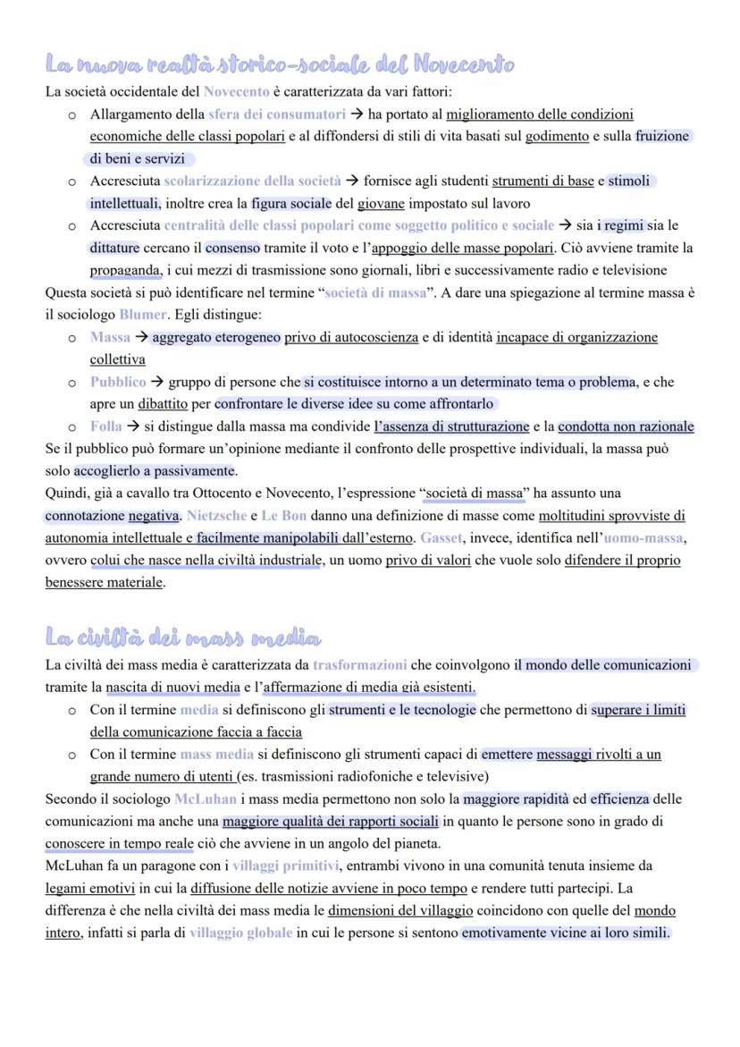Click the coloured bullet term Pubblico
[x=118, y=382]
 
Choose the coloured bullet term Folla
[x=105, y=426]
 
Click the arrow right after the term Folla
[x=134, y=426]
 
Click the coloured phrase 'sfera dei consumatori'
[x=276, y=114]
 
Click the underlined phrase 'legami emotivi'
[x=90, y=888]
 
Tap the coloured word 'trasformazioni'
[x=359, y=664]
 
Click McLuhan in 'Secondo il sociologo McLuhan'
[x=206, y=798]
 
